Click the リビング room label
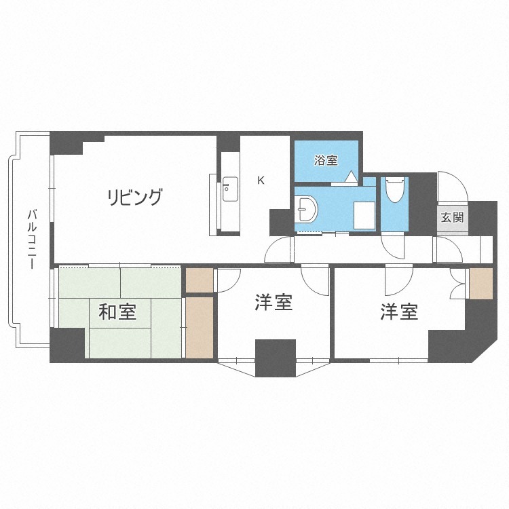(134, 197)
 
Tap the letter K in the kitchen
(261, 180)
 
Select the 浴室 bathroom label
(326, 160)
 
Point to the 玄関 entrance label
(452, 217)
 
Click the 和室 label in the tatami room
(117, 312)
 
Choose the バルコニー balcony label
(32, 240)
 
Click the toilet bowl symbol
(394, 189)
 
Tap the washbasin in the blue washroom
(307, 209)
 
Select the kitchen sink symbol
(231, 189)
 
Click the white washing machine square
(364, 216)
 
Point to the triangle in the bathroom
(351, 177)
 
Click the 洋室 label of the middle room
(274, 302)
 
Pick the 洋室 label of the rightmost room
(399, 312)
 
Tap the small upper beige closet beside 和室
(200, 280)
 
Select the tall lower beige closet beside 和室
(200, 328)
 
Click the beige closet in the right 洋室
(481, 284)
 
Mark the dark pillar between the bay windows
(276, 358)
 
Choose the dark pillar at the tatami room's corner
(67, 345)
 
